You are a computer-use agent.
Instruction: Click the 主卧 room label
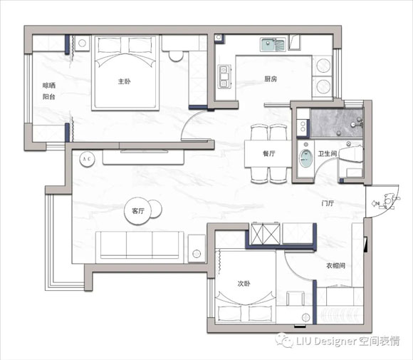[x=124, y=81]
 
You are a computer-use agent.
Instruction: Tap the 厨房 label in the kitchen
[x=271, y=79]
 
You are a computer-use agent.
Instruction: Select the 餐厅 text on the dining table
[x=269, y=153]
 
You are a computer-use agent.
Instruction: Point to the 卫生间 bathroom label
[x=328, y=153]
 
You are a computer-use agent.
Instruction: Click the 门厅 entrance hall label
[x=328, y=203]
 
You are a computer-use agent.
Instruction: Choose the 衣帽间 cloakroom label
[x=336, y=266]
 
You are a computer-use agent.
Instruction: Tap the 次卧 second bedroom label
[x=244, y=284]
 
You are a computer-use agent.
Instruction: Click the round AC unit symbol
[x=87, y=159]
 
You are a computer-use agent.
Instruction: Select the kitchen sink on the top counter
[x=273, y=45]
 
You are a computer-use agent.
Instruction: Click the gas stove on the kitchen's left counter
[x=224, y=76]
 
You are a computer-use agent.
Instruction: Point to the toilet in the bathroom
[x=350, y=155]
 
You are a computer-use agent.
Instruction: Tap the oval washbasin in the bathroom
[x=305, y=158]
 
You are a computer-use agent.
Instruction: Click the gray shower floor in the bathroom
[x=336, y=123]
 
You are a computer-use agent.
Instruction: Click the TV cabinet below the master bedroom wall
[x=143, y=158]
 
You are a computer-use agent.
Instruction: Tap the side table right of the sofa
[x=197, y=249]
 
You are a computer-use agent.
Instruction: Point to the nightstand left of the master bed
[x=82, y=43]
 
